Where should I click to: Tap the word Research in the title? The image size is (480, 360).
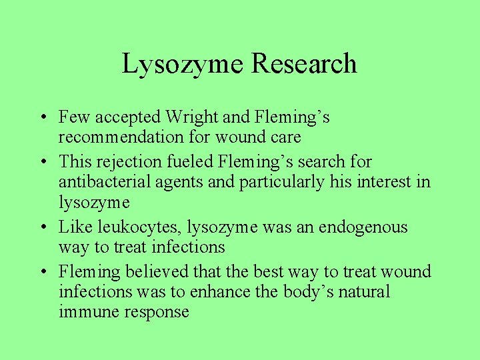click(x=304, y=65)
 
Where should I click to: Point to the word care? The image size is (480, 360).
click(x=285, y=137)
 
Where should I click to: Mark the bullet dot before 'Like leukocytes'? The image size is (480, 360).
click(x=42, y=228)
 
